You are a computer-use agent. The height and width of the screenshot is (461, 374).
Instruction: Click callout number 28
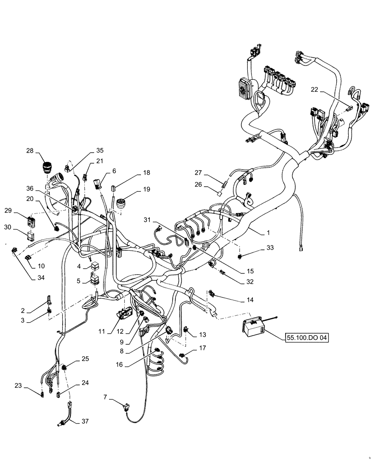coord(30,151)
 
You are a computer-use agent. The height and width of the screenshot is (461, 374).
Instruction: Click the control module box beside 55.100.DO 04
coord(253,327)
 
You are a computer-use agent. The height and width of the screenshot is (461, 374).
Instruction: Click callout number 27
coord(198,172)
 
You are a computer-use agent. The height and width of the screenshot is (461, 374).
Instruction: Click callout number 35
coord(100,151)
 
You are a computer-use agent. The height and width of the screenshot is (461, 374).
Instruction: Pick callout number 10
coord(41,266)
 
